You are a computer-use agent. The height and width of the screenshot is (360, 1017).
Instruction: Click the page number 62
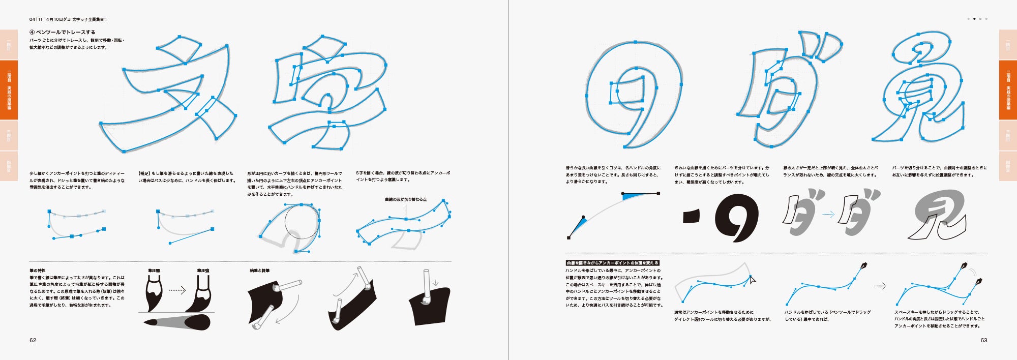point(33,340)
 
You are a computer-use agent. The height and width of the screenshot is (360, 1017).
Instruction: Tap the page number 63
point(983,340)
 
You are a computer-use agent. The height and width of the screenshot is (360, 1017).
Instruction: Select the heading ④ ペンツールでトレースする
point(63,32)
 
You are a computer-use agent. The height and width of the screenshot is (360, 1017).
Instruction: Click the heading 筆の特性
point(37,271)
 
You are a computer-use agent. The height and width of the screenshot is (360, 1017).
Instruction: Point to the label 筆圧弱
point(154,271)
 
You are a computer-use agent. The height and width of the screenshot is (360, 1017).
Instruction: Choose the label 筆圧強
point(203,271)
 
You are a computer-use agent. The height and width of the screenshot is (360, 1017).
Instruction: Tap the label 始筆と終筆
point(259,271)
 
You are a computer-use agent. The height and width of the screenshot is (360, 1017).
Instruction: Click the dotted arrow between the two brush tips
point(177,290)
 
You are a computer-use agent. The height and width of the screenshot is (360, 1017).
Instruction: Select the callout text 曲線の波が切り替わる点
point(405,199)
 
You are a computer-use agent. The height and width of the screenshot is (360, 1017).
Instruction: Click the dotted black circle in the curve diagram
point(302,222)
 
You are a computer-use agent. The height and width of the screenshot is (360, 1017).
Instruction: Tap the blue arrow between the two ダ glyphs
point(828,215)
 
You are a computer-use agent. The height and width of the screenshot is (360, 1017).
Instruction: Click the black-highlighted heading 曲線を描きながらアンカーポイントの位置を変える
point(612,263)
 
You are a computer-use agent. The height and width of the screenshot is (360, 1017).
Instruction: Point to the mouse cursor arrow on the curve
point(753,279)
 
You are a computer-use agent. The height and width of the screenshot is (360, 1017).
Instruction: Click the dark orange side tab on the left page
point(9,90)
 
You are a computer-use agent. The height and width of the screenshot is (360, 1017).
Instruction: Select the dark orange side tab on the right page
point(1008,90)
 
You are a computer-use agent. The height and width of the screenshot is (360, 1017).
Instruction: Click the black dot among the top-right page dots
point(974,19)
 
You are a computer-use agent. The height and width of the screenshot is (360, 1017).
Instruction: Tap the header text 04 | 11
point(36,19)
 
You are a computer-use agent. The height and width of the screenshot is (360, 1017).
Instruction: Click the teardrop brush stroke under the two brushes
point(177,322)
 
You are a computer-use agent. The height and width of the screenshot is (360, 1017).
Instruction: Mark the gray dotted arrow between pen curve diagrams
point(880,286)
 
